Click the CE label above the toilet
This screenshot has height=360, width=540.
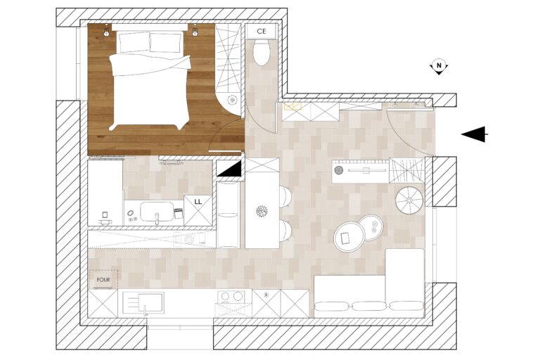[x=262, y=32]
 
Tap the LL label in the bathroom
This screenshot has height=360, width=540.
[x=198, y=202]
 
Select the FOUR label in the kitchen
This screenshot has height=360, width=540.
[x=103, y=280]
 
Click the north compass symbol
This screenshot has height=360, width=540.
[x=439, y=66]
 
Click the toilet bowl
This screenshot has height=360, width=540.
[x=262, y=52]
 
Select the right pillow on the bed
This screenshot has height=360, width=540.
[x=166, y=42]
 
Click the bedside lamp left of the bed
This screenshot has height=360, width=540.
[x=107, y=31]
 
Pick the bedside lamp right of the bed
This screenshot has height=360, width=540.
[x=195, y=31]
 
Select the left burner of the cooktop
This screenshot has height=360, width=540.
[x=225, y=296]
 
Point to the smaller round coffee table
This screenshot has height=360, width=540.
[x=371, y=227]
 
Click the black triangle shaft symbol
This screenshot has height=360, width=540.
[x=232, y=170]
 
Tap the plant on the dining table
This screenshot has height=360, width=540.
[x=262, y=211]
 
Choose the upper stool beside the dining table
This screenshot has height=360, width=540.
[x=285, y=197]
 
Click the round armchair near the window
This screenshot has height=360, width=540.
[x=409, y=200]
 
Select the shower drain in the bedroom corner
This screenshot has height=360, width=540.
[x=232, y=100]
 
